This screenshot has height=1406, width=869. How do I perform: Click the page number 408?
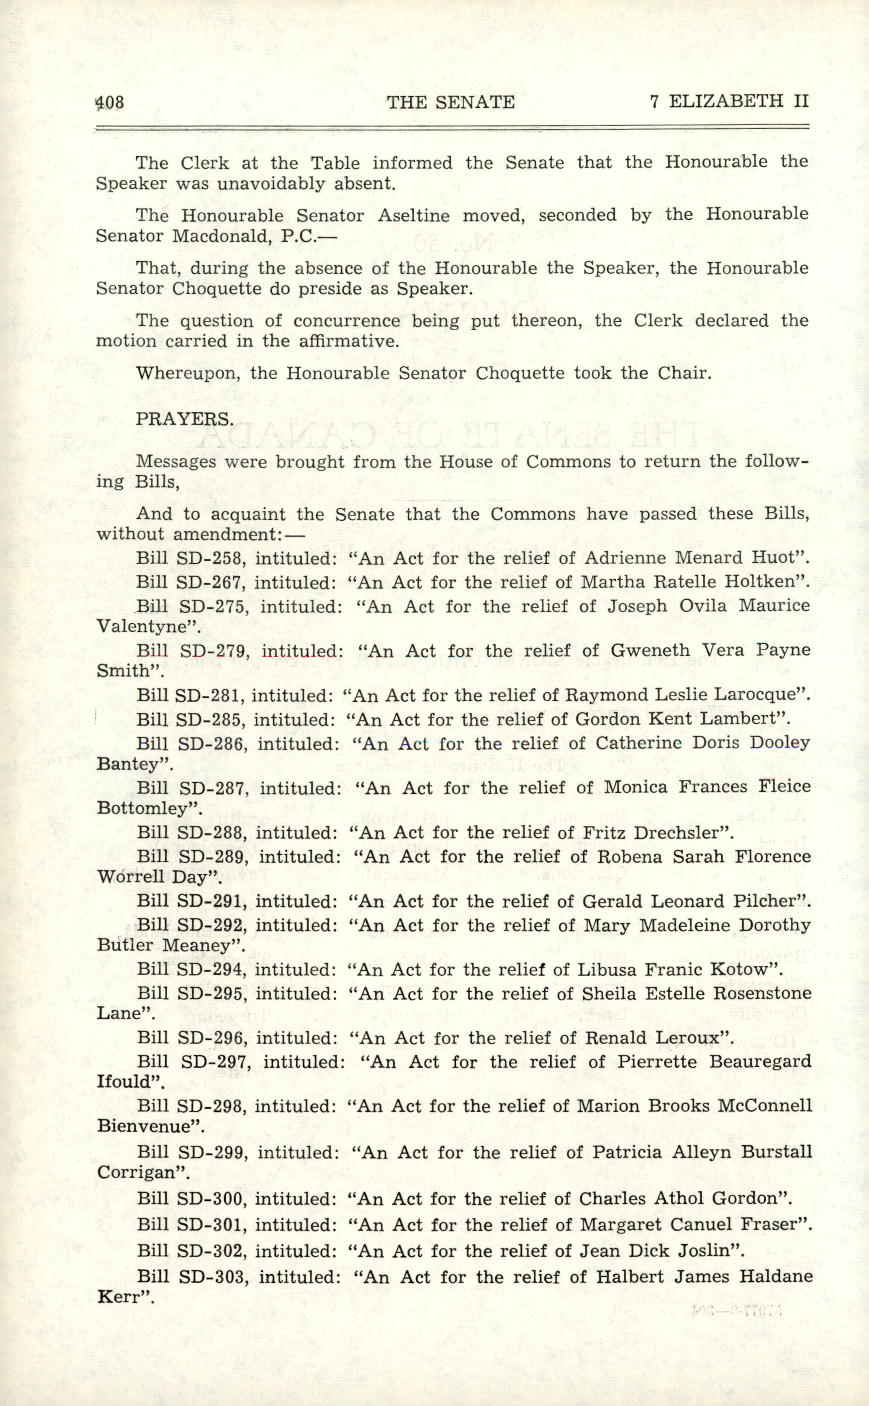[110, 102]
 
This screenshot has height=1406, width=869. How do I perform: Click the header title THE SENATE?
[450, 102]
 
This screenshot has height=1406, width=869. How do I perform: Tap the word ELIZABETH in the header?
[725, 101]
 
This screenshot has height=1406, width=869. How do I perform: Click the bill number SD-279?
[214, 650]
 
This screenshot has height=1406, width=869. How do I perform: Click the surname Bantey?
[127, 764]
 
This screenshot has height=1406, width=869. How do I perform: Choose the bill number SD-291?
[211, 901]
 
